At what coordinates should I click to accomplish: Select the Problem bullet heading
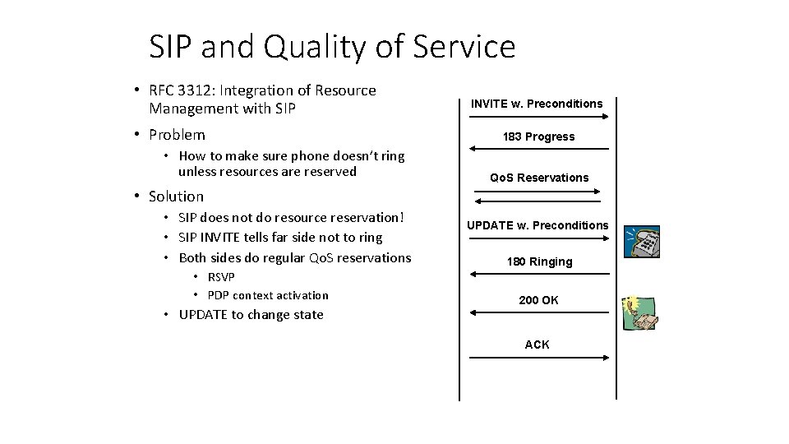[177, 135]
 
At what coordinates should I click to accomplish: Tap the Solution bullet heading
[176, 197]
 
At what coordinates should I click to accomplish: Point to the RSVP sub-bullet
[221, 277]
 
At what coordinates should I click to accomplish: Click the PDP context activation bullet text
[267, 295]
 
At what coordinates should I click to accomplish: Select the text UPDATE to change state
[251, 315]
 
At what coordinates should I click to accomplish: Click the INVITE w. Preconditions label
[537, 104]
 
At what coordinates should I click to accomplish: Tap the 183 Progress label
[538, 136]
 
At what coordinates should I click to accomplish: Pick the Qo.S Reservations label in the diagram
[539, 178]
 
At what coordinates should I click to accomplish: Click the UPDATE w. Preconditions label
[538, 225]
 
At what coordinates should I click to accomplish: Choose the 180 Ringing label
[539, 261]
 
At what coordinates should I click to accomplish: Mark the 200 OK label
[538, 300]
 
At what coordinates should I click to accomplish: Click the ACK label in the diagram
[538, 345]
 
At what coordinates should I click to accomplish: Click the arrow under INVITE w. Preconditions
[538, 118]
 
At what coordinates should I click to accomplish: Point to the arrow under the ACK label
[538, 358]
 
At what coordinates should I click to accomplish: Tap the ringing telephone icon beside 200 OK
[641, 317]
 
